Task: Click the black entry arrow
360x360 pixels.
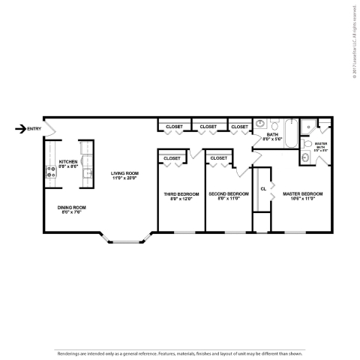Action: click(x=19, y=129)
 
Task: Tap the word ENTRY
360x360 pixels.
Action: click(x=34, y=129)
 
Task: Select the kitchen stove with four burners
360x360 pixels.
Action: click(x=52, y=174)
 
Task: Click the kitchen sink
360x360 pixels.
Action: click(x=88, y=174)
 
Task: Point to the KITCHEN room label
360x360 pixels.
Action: click(x=68, y=161)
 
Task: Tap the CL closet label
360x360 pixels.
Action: click(x=263, y=188)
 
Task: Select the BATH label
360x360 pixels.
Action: click(x=271, y=134)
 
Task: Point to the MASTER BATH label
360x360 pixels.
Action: click(x=320, y=145)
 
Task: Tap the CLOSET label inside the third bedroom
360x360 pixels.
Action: click(x=172, y=158)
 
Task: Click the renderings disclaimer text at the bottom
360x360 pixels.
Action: click(x=180, y=352)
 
